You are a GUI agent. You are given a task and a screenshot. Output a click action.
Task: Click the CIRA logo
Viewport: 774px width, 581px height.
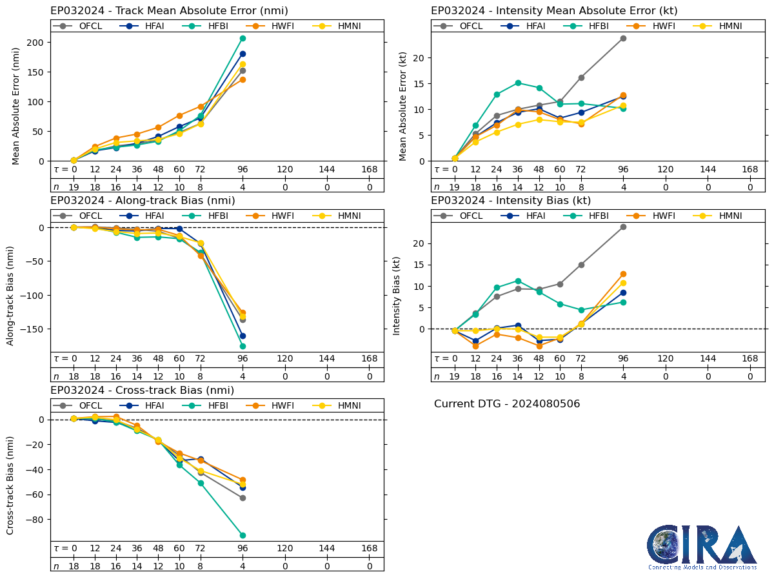[x=702, y=546]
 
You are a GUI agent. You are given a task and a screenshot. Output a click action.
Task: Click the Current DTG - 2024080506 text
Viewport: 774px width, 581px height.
[x=507, y=404]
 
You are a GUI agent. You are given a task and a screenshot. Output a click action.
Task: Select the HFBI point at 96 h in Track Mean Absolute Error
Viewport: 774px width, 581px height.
[x=243, y=38]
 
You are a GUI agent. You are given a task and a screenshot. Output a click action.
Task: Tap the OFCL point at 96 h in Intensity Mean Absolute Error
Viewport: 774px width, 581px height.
[x=623, y=38]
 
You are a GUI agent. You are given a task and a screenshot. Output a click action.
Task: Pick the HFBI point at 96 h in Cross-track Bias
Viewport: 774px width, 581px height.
[x=243, y=535]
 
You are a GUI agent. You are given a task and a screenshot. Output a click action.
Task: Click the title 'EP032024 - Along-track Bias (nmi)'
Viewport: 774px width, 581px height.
[x=143, y=201]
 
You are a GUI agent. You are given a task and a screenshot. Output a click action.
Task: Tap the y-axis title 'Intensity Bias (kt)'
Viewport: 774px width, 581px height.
[x=397, y=295]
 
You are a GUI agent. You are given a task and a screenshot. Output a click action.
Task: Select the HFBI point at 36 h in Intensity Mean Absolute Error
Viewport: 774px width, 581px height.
[x=518, y=83]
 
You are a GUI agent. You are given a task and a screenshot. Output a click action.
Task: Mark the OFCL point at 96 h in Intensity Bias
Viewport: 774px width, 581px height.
[x=623, y=227]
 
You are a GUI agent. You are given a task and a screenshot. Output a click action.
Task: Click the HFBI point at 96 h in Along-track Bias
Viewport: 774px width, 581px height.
[x=243, y=346]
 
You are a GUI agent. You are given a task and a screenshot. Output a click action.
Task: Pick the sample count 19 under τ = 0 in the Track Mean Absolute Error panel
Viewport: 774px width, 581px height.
[x=74, y=187]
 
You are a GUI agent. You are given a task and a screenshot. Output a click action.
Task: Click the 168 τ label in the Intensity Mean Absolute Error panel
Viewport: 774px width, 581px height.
[x=749, y=169]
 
